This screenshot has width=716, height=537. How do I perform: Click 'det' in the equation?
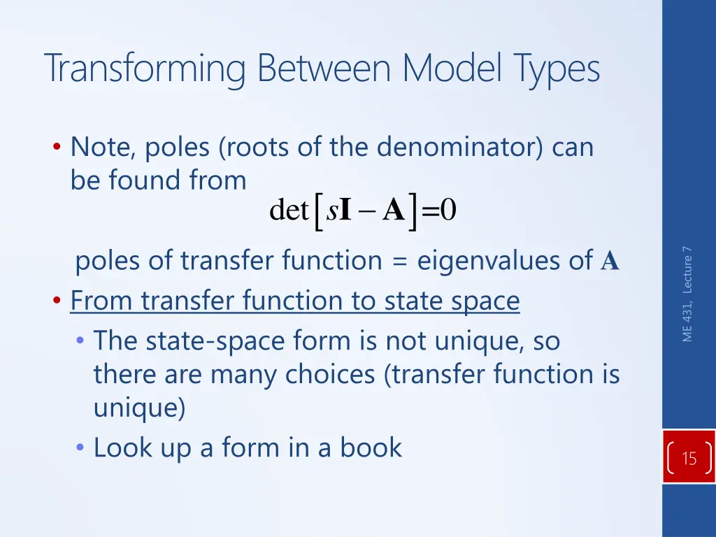tap(289, 210)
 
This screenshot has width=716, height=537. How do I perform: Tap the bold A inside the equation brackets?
tap(394, 210)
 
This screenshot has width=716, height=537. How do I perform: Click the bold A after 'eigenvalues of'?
tap(610, 262)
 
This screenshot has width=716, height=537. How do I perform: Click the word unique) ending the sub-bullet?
tap(139, 408)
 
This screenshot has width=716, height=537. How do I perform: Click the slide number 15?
tap(689, 459)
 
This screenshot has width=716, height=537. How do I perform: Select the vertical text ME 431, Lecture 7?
tap(688, 294)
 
